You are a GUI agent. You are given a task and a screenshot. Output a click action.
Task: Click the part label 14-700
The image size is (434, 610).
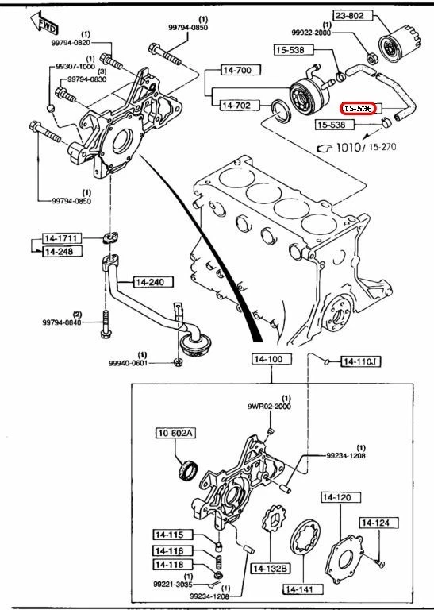tap(235, 71)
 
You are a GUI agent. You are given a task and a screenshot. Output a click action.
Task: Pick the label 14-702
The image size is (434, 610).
tap(235, 104)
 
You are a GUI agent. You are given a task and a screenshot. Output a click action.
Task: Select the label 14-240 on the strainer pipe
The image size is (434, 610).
tap(151, 282)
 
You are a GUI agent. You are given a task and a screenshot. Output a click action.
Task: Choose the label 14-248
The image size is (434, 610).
tap(58, 252)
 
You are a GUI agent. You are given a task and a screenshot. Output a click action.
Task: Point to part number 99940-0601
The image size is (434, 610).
tap(129, 363)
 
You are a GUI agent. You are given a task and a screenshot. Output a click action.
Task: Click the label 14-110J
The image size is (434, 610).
tap(361, 362)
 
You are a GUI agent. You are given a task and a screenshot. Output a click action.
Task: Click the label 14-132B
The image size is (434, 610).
tap(271, 569)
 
